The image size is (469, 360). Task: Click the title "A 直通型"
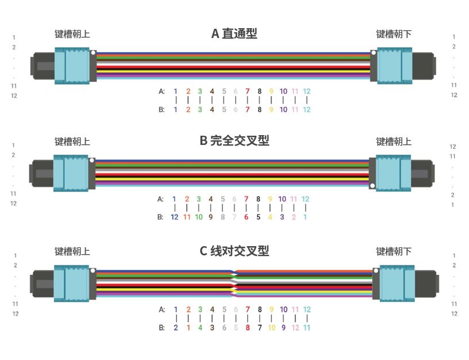(x=234, y=33)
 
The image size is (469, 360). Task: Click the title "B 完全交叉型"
(x=234, y=140)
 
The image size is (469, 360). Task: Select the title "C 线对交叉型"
(x=234, y=251)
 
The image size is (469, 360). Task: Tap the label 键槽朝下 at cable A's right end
(x=394, y=34)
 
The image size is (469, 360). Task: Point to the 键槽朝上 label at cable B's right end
(x=394, y=141)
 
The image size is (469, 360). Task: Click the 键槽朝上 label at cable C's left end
(x=72, y=251)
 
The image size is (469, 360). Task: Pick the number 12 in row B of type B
(x=175, y=217)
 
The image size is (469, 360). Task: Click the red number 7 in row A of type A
(x=247, y=91)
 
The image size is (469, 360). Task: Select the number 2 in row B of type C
(x=176, y=327)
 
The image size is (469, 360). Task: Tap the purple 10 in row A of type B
(x=282, y=199)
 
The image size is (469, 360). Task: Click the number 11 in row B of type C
(x=307, y=327)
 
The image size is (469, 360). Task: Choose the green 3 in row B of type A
(x=200, y=109)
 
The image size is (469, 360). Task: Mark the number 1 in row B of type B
(x=305, y=217)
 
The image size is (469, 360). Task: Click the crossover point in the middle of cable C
(x=234, y=282)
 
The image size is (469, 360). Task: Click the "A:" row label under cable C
(x=162, y=309)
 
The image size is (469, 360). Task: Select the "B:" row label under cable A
(x=162, y=109)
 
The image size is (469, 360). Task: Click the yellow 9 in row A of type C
(x=271, y=309)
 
